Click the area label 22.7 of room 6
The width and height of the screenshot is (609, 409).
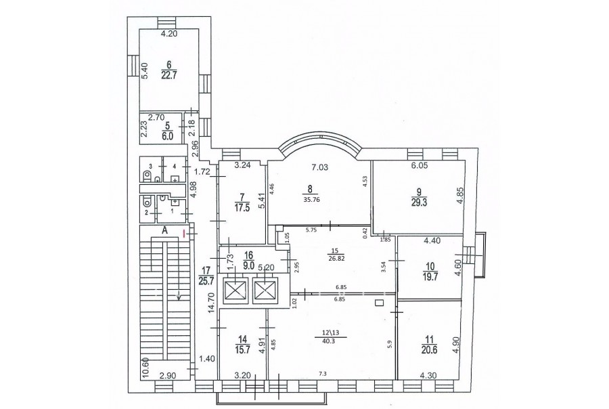169,76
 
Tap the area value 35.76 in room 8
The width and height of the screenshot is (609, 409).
310,200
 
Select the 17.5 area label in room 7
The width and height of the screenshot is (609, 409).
242,207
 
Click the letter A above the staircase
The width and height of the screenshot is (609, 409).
164,230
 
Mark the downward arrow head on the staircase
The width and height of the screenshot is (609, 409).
179,298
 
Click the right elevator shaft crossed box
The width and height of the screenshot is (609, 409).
265,290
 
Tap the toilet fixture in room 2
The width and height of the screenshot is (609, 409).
148,202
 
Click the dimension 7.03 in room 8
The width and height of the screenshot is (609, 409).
319,167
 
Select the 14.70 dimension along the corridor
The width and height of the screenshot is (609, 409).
211,303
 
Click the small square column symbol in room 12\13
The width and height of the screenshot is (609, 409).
380,302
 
